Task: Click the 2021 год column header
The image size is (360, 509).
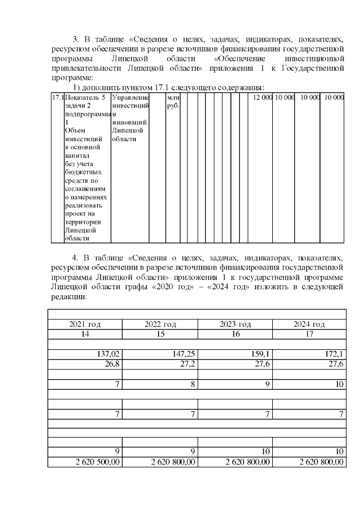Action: point(85,325)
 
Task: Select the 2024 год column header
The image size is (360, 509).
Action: point(309,325)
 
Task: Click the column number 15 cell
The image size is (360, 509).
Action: point(160,334)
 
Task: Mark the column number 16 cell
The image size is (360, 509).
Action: point(236,334)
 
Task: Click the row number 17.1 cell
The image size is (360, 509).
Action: point(57,98)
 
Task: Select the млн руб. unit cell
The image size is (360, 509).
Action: point(173,102)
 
